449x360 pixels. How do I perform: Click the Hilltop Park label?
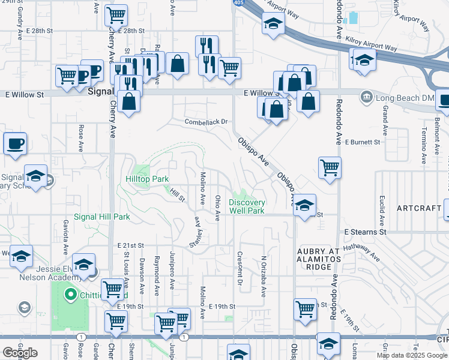click(x=147, y=179)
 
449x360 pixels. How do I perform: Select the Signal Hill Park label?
click(x=101, y=217)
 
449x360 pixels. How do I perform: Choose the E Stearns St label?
click(x=364, y=232)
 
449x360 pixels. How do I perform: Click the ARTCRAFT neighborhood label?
click(x=420, y=208)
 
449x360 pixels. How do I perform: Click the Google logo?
click(x=20, y=352)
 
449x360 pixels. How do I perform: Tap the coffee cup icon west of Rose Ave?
click(x=15, y=145)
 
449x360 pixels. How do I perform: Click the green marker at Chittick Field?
click(x=70, y=295)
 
